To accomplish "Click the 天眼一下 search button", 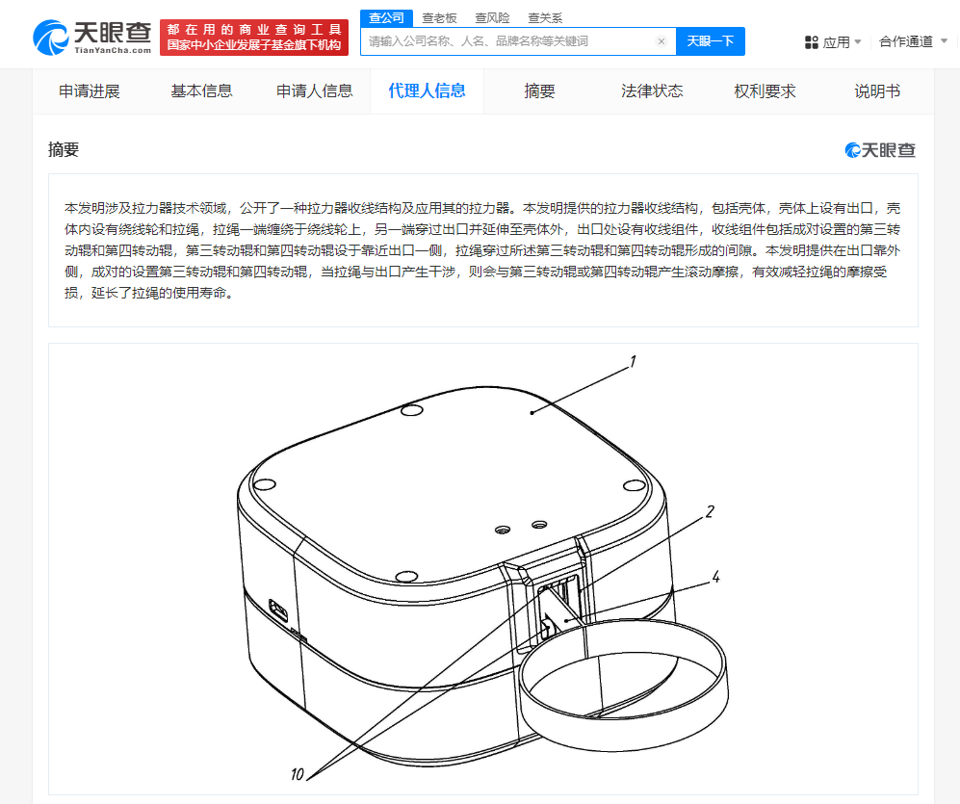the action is [711, 41].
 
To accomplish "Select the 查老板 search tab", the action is [439, 18].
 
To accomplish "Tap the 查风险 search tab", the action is [492, 18].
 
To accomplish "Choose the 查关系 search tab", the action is [545, 18].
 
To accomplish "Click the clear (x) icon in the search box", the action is [662, 41].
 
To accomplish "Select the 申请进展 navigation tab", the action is [90, 91].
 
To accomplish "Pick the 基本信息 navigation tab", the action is [201, 91].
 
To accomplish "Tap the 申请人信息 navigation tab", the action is [315, 91].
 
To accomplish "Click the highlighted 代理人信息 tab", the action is [427, 91].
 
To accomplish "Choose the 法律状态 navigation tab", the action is [652, 91].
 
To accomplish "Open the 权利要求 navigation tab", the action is [765, 91].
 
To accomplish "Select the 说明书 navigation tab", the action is [877, 91].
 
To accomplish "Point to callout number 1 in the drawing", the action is [633, 362].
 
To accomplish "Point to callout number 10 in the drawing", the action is [297, 774].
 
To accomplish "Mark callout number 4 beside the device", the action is [715, 577].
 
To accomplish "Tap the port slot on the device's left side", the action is [278, 610].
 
